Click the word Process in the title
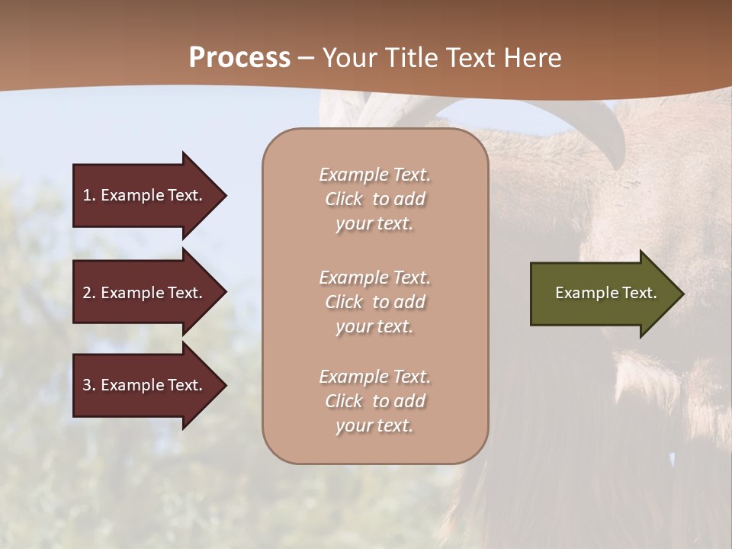(239, 58)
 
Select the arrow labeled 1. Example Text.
(145, 195)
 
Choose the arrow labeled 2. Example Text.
(145, 293)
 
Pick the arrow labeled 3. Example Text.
(145, 385)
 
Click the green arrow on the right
(602, 293)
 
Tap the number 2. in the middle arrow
(89, 293)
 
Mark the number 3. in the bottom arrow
(89, 385)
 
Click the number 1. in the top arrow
(88, 195)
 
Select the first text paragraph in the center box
(374, 199)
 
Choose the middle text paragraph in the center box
(374, 302)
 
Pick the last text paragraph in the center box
(374, 401)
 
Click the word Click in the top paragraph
(344, 199)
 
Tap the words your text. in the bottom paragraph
(374, 425)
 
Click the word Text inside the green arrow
(640, 293)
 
